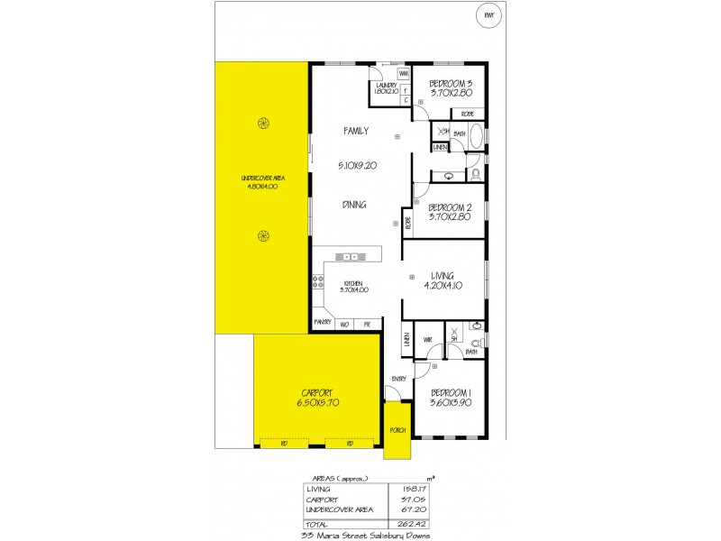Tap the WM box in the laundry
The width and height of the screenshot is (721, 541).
[405, 74]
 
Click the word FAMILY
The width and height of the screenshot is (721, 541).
[356, 132]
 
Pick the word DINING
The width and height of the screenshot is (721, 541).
[354, 205]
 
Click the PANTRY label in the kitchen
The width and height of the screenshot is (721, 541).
[323, 322]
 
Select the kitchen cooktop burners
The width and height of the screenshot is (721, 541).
[317, 282]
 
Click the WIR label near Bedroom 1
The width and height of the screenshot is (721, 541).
[429, 340]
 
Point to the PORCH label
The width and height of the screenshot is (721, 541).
[397, 429]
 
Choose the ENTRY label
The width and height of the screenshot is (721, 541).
[399, 378]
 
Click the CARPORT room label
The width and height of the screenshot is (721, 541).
[317, 393]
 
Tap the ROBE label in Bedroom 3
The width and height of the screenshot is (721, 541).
[468, 115]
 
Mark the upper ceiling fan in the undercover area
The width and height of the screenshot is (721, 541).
[263, 124]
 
